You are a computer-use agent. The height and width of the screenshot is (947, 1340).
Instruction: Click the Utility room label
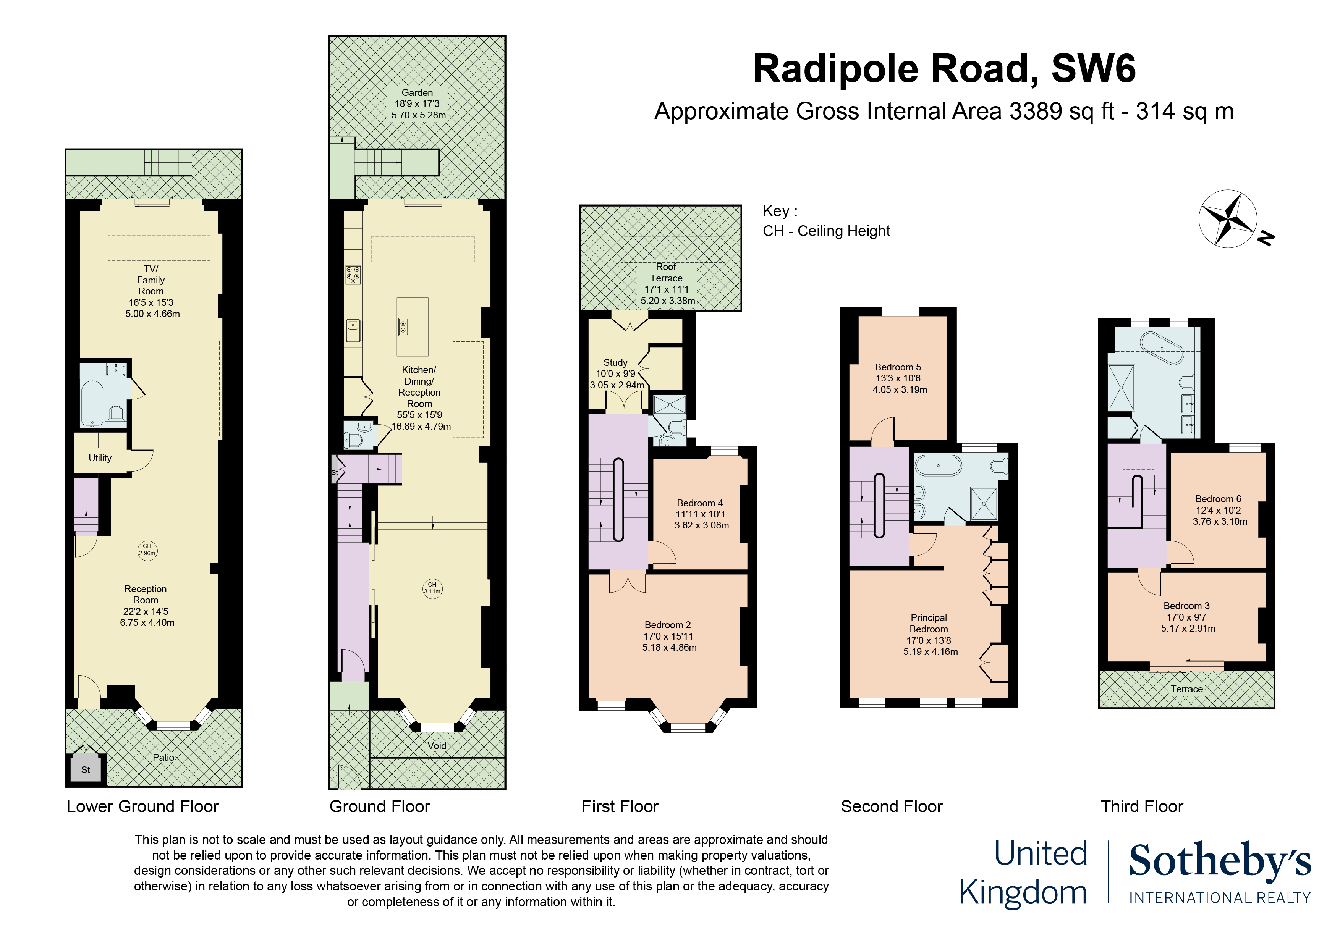(100, 458)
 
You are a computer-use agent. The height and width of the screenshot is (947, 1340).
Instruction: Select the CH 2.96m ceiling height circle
(147, 550)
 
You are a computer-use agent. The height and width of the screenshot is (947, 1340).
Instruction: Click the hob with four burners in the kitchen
(353, 275)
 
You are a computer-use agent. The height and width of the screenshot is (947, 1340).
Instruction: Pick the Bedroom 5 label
(898, 367)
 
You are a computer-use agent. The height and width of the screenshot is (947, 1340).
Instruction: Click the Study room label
(615, 362)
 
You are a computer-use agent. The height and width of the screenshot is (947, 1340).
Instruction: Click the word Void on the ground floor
(437, 746)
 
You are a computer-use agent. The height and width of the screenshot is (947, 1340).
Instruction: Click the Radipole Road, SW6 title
(944, 69)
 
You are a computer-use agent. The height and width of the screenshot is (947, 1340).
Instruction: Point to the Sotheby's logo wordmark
(1220, 861)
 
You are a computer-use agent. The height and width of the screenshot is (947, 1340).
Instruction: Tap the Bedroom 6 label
(1218, 499)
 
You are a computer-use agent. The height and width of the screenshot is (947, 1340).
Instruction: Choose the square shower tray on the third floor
(1121, 388)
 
